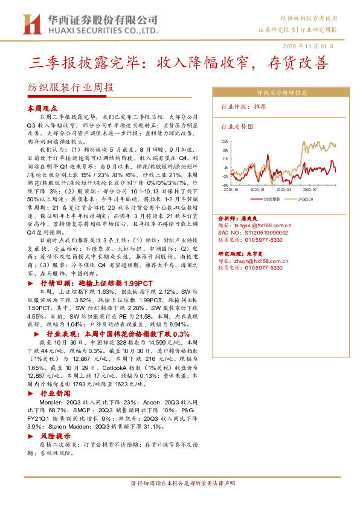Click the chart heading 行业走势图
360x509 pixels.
[236, 127]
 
